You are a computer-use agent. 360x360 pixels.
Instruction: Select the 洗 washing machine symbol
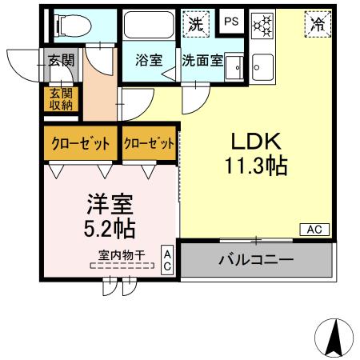pos(195,23)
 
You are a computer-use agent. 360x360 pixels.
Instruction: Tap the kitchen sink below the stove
pos(262,68)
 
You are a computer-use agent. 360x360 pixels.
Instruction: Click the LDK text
pos(255,142)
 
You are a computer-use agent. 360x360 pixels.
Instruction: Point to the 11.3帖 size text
pos(256,167)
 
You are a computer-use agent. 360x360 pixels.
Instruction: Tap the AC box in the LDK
pos(314,230)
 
